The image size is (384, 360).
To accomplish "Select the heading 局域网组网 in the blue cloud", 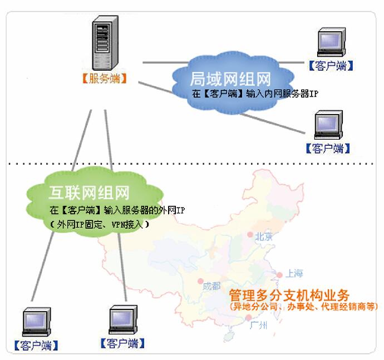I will click(230, 78).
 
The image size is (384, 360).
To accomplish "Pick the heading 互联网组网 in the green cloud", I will click(89, 194).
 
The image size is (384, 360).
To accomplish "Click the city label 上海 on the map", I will click(294, 274).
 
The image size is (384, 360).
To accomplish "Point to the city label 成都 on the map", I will click(211, 287).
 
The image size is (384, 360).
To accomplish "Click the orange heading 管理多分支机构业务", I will click(289, 295).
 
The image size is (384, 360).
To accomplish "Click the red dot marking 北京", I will click(250, 235).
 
